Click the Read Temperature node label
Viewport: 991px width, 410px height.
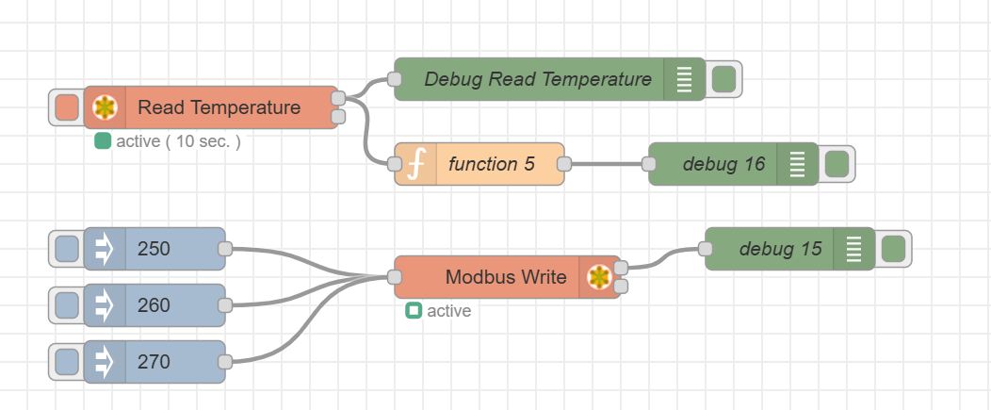coord(219,107)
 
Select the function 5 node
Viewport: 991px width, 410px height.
coord(491,164)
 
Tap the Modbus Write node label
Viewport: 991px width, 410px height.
coord(506,276)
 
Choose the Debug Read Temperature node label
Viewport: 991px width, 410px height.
coord(537,79)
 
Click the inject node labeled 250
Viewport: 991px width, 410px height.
coord(154,249)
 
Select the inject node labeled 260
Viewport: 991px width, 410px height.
coord(154,305)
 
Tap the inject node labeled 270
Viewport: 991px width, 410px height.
coord(154,362)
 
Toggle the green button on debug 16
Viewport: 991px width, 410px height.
coord(836,164)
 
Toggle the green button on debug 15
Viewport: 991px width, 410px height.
coord(892,249)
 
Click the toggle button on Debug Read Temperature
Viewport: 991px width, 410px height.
coord(723,79)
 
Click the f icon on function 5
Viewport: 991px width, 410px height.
coord(415,164)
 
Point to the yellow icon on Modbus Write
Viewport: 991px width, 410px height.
coord(599,276)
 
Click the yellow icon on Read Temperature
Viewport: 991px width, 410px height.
coord(105,107)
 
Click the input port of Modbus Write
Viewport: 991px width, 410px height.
coord(395,277)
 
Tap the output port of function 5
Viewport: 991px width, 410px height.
coord(563,164)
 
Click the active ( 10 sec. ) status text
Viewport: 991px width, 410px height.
coord(178,141)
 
